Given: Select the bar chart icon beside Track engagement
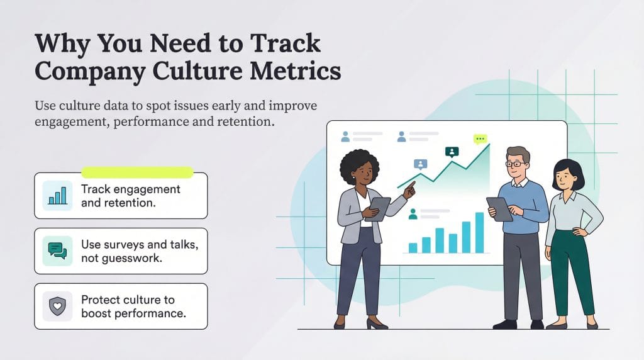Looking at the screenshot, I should [57, 194].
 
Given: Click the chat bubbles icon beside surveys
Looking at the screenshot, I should [57, 250].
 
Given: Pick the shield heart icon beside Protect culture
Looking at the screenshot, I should [57, 306].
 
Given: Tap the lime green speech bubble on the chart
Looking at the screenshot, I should [480, 138].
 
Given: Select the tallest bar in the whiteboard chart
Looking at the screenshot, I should [480, 232].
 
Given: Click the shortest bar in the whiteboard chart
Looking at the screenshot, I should [413, 247].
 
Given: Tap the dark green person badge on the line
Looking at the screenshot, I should [452, 152].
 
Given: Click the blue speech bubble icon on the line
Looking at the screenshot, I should [420, 164].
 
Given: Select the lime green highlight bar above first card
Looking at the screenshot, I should [137, 172].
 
